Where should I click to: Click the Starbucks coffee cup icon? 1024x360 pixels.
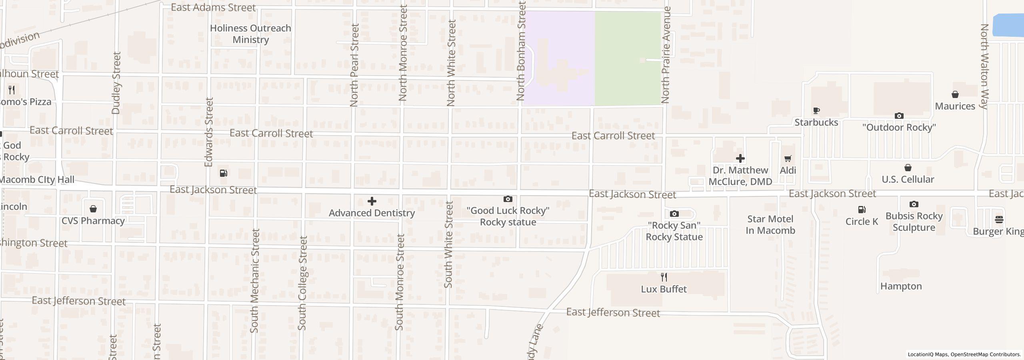816,111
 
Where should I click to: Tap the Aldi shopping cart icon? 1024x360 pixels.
788,159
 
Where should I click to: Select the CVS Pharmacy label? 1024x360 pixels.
93,221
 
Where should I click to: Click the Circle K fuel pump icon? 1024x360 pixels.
862,210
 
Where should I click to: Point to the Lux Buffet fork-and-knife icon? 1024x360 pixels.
664,277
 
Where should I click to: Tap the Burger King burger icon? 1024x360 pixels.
999,220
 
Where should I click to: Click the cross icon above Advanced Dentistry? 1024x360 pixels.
372,201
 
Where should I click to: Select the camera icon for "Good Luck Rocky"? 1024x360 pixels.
508,199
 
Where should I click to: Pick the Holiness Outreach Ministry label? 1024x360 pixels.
250,34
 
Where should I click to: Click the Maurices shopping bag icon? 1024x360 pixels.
955,95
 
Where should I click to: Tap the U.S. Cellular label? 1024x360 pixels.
908,179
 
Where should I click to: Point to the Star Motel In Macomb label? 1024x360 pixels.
770,225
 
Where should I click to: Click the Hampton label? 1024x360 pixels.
901,286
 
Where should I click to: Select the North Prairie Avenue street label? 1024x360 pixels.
665,55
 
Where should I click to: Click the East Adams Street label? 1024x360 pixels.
213,8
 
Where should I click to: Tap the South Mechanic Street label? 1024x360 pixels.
254,281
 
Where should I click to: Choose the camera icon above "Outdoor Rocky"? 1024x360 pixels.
899,116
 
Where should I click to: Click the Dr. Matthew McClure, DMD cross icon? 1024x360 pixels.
740,159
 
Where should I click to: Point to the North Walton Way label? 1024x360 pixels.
984,66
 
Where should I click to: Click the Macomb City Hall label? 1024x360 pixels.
37,180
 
